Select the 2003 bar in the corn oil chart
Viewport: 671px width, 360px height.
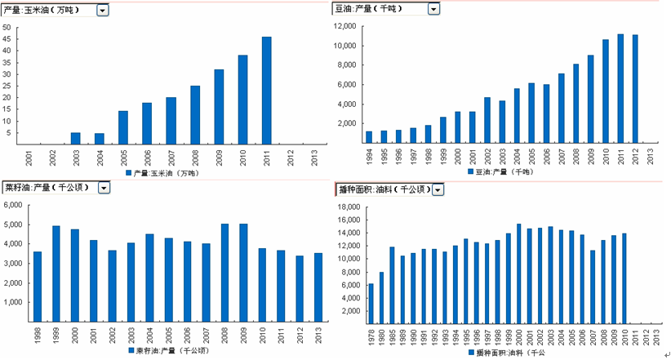pos(76,137)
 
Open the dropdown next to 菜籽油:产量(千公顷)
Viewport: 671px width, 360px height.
pos(104,188)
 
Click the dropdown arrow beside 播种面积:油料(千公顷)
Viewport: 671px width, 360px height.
pos(438,189)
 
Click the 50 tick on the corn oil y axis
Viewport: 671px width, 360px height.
pos(7,27)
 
